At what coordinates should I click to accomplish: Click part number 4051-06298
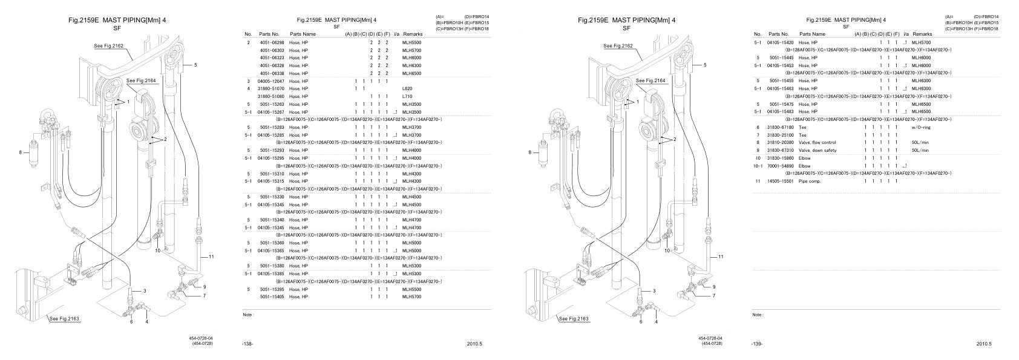[x=272, y=42]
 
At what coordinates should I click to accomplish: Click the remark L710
[x=407, y=96]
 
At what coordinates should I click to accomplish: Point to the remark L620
[x=407, y=88]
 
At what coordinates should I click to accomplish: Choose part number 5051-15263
[x=272, y=104]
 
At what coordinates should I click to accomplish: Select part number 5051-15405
[x=272, y=297]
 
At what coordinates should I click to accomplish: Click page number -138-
[x=247, y=344]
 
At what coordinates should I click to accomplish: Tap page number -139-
[x=756, y=344]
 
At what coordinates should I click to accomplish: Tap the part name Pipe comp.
[x=810, y=181]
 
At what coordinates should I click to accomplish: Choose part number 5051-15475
[x=781, y=104]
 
